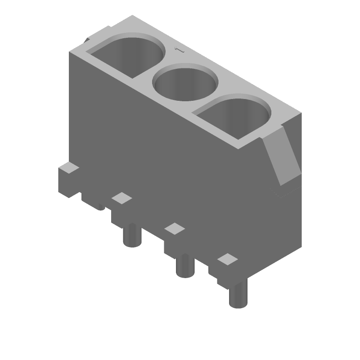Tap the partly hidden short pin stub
tap(101, 207)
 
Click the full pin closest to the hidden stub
tap(132, 235)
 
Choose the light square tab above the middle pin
tap(175, 229)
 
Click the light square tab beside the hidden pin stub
tap(121, 198)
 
